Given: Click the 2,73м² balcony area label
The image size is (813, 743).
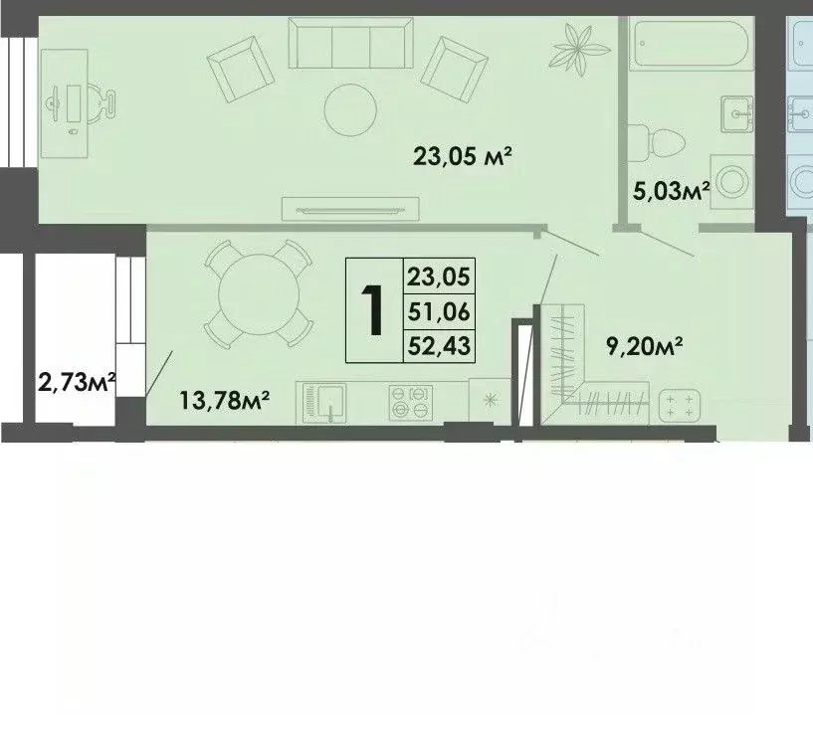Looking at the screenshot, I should coord(78,380).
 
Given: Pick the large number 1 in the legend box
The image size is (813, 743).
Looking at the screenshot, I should coord(373,310).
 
